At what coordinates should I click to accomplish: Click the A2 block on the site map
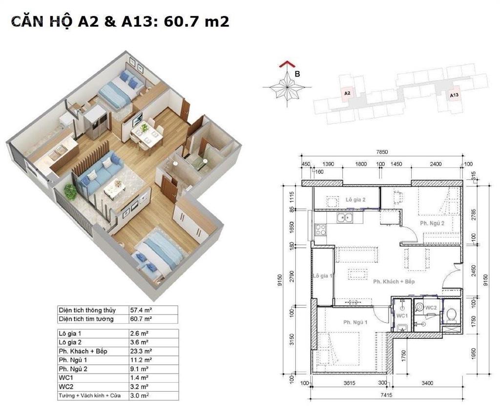tap(347, 93)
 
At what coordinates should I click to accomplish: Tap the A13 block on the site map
tap(454, 96)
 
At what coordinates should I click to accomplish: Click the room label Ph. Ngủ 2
tap(432, 224)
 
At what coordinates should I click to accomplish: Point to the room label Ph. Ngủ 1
tap(355, 322)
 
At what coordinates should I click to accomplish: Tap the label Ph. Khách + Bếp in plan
tap(394, 282)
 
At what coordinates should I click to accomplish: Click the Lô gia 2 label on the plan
tap(356, 200)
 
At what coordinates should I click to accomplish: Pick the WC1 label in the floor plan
tap(401, 316)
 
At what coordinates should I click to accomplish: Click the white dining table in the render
tap(146, 137)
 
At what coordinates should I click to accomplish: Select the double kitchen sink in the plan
tap(348, 217)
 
